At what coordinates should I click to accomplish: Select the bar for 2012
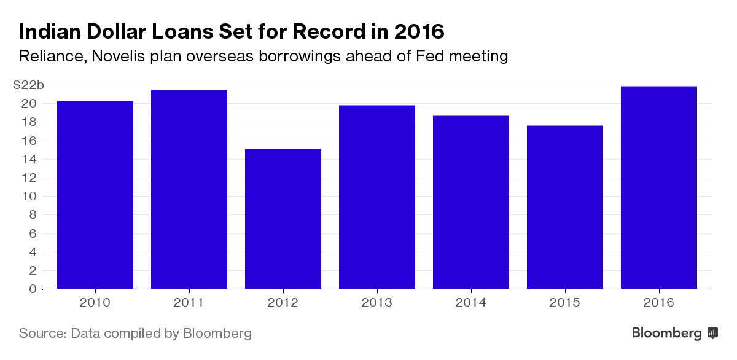pos(283,219)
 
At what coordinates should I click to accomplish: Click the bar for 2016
pos(659,187)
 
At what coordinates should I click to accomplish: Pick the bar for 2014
pos(471,202)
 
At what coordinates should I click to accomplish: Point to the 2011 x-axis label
pos(189,303)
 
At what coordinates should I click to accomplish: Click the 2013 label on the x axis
pos(376,303)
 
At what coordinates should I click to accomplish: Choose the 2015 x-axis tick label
pos(565,303)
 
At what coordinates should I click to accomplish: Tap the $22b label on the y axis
pos(28,85)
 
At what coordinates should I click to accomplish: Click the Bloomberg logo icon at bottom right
pos(713,333)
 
